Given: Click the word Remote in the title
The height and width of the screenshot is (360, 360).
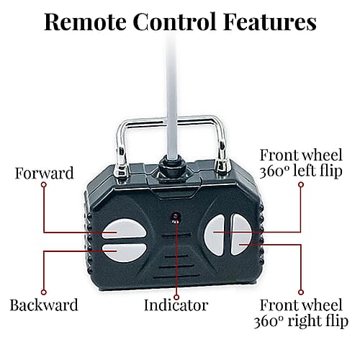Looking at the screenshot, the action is coord(86,22).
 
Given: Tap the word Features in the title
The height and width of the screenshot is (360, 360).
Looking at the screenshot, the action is coord(270,22).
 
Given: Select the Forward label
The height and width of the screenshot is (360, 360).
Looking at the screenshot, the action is coord(44,174).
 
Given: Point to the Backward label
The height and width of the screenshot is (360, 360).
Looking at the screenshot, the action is coord(44,305).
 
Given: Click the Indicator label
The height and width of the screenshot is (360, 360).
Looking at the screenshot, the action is coord(176,305).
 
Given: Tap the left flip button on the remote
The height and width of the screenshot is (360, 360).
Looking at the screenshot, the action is coord(215,235).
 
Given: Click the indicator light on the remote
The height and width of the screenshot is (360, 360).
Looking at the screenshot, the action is coord(176,216).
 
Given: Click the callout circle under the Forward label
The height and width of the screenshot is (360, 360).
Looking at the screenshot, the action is coord(44,184).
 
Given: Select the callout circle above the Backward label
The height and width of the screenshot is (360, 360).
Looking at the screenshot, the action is coord(44,292).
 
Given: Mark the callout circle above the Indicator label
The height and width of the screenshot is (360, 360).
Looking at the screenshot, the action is coord(176,297).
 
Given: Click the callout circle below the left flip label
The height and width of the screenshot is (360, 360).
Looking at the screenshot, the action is coord(301,184).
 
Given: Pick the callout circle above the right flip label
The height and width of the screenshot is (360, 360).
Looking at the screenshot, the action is coord(301,292).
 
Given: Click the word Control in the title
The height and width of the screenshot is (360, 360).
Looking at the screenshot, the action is coord(175,22).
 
